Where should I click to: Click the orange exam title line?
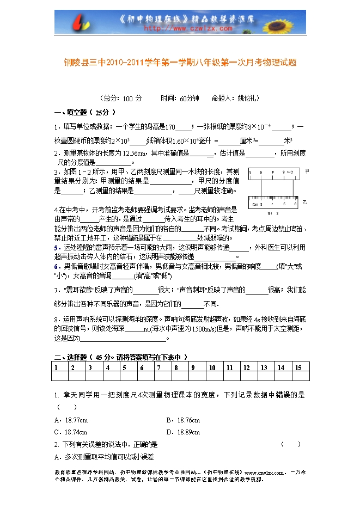180,63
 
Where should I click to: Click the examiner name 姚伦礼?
248,99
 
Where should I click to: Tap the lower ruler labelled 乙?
273,203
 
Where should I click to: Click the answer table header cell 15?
301,367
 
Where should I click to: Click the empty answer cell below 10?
215,376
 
